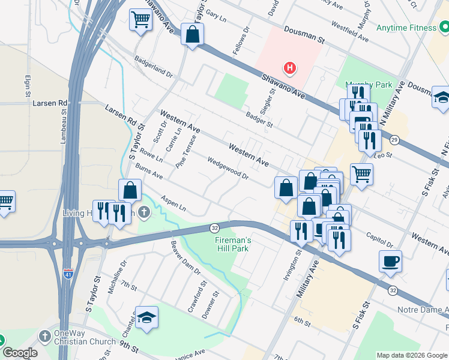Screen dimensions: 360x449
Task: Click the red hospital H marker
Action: tap(290, 68)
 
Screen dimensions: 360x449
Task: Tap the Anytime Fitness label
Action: tap(406, 28)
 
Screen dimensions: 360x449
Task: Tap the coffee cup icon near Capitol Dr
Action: tap(390, 261)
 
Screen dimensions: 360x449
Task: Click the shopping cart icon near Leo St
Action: tap(361, 175)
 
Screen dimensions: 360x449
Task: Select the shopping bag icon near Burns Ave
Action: tap(130, 190)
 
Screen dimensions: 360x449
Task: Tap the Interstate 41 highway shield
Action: tap(69, 274)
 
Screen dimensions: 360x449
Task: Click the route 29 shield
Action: tap(394, 140)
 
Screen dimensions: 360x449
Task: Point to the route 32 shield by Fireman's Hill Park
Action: tap(214, 228)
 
